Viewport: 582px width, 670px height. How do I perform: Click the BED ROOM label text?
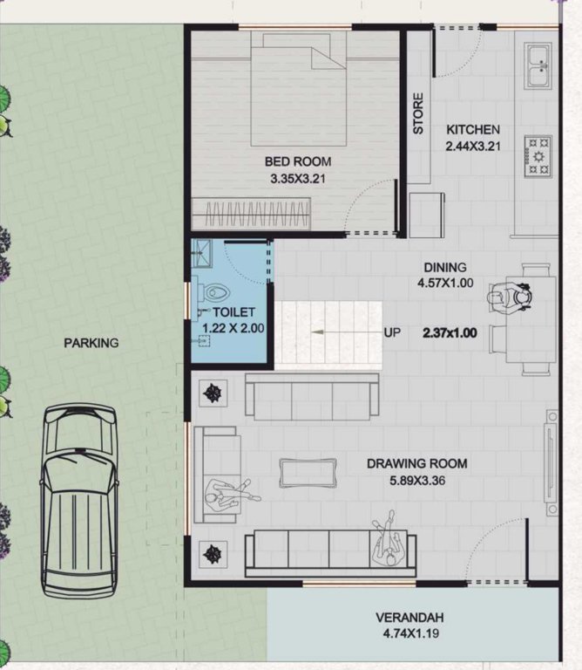[298, 161]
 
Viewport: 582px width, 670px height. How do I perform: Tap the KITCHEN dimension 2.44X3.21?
[472, 146]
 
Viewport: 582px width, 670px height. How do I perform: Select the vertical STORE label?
[418, 113]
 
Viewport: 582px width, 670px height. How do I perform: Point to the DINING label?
[445, 267]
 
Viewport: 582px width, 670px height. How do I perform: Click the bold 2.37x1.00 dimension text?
[450, 332]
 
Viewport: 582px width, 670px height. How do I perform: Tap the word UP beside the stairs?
[392, 332]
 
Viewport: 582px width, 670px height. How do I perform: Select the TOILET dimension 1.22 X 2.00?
[233, 329]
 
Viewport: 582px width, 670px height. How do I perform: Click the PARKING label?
[91, 343]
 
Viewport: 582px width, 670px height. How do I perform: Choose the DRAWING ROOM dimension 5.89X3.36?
[416, 480]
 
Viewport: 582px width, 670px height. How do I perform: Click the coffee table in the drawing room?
[308, 472]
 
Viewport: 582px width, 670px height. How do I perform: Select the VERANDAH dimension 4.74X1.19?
[413, 633]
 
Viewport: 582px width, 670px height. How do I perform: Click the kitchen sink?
[538, 66]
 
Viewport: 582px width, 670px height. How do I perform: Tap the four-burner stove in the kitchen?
[538, 154]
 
